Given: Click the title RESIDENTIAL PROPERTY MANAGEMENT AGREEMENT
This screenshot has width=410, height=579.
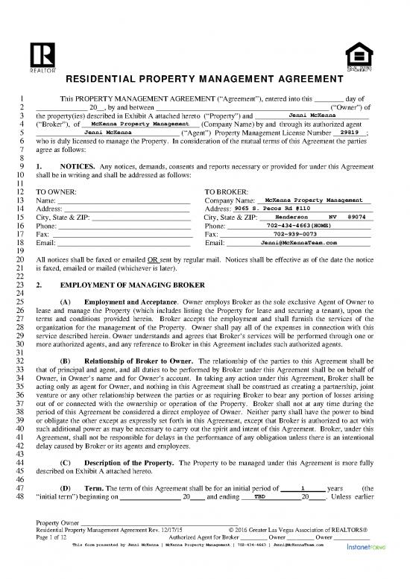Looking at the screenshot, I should (204, 79).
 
